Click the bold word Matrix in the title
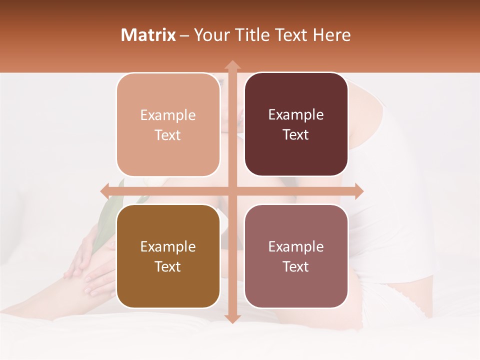point(148,35)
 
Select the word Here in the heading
point(331,35)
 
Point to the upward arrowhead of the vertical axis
point(232,65)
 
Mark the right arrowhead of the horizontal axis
point(358,191)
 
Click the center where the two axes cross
point(232,191)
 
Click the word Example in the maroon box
point(296,115)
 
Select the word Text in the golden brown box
point(168,266)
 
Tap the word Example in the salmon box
point(168,115)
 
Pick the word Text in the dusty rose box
point(296,266)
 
